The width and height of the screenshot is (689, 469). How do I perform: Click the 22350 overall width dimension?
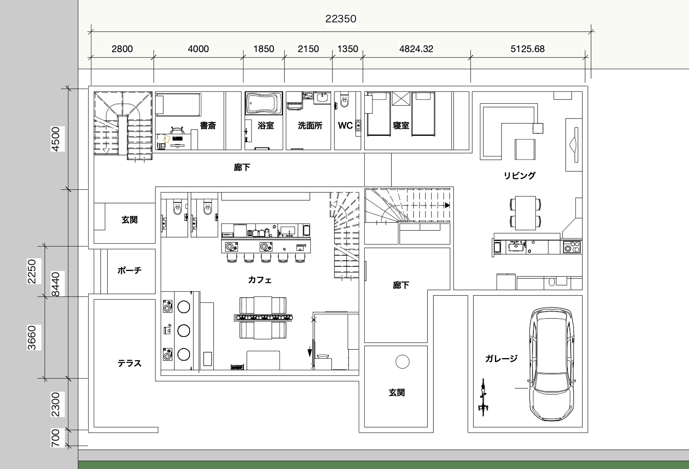pos(341,19)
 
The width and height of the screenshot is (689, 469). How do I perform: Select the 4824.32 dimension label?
pos(416,49)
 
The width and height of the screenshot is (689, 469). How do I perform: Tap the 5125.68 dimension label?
pos(528,49)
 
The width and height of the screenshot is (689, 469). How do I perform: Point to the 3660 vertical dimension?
pos(32,338)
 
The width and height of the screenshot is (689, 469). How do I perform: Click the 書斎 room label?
pos(208,126)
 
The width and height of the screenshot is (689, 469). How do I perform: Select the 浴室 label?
pos(266,126)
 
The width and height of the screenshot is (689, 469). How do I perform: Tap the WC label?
pos(345,126)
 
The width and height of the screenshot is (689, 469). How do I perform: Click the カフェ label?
pos(260,280)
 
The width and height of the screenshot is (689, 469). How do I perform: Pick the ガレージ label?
pos(501,358)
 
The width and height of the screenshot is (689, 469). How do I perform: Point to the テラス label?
pos(130,363)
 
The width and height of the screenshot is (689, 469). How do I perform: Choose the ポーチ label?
pos(130,270)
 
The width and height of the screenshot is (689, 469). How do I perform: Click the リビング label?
pos(520,176)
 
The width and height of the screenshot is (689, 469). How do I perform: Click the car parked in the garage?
pos(551,364)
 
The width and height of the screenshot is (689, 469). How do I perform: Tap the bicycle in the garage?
pos(483,397)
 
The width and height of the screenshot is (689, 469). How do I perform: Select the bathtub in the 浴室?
pos(264,103)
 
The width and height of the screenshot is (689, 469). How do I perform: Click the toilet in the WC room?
pos(344,100)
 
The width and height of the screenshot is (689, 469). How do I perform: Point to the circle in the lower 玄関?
pos(402,362)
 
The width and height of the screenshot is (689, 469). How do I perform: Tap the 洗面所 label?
pos(310,126)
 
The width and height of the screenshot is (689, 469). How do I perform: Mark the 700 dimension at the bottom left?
pos(56,438)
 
